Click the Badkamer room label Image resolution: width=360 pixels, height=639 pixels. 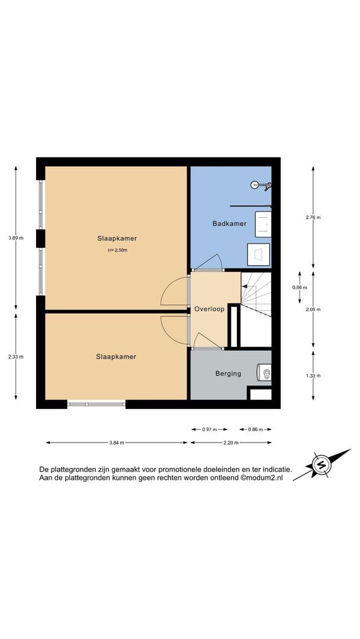(229, 223)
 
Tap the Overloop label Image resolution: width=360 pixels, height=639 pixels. (209, 309)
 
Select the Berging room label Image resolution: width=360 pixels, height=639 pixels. (228, 373)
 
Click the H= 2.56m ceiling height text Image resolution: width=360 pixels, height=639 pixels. (117, 250)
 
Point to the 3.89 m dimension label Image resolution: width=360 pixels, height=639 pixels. (16, 238)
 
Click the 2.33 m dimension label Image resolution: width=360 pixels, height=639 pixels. (16, 357)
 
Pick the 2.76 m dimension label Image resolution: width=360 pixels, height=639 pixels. (313, 217)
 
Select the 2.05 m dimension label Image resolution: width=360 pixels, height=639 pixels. (313, 309)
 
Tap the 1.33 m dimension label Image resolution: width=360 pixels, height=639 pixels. (313, 375)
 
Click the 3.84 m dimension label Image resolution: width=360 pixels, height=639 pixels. (117, 443)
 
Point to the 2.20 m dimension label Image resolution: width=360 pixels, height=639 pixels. (231, 443)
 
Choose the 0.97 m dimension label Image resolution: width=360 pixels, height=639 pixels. (210, 429)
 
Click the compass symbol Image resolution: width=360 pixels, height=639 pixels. (322, 464)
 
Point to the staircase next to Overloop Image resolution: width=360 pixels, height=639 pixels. (256, 294)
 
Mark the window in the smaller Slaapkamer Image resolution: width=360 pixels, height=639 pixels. (97, 404)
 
